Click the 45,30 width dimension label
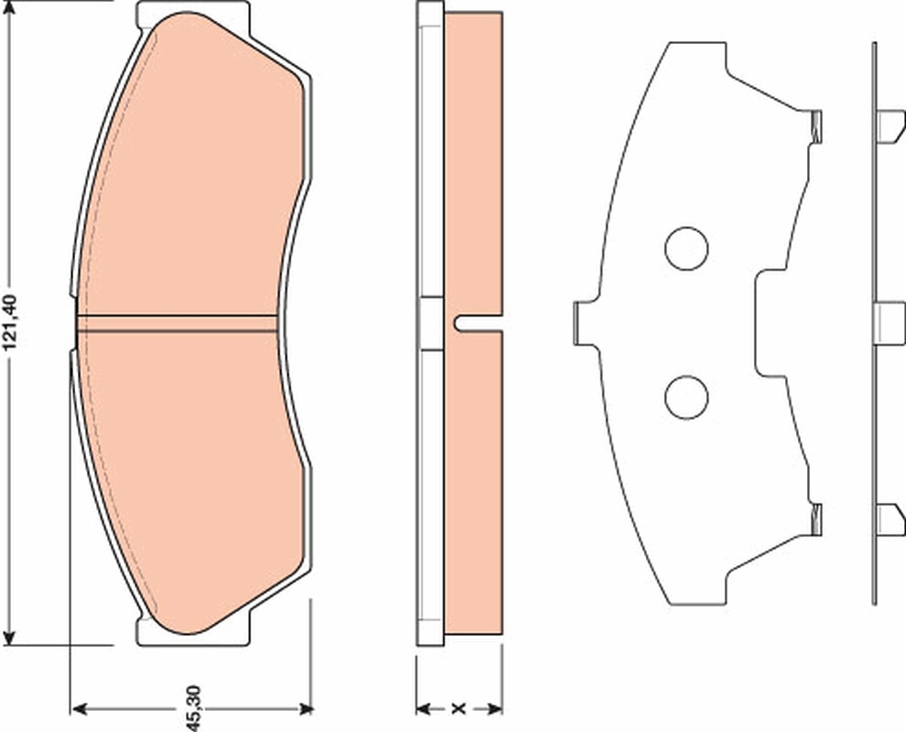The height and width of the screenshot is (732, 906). point(194,708)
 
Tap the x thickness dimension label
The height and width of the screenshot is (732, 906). point(458,708)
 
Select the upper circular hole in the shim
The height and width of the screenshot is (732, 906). point(686,249)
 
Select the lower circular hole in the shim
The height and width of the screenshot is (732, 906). point(686,397)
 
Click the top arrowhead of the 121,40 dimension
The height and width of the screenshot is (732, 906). point(9,7)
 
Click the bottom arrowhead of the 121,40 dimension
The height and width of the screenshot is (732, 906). point(9,637)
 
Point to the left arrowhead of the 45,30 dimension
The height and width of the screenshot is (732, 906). point(78,709)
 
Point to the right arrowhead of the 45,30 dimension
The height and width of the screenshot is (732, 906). point(305,709)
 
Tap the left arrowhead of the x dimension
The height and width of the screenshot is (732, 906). point(424,708)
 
